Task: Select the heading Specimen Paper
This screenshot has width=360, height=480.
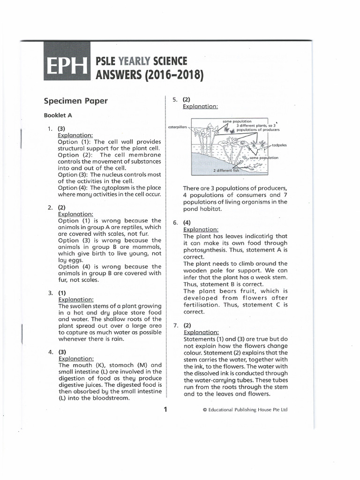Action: tap(75, 101)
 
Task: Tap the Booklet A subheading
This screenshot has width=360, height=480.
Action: tap(58, 115)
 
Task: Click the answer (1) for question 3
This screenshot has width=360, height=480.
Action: tap(61, 292)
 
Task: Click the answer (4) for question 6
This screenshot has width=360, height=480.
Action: tap(187, 223)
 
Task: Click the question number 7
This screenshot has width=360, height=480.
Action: tap(175, 325)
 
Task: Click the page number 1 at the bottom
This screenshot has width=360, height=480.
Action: tap(165, 409)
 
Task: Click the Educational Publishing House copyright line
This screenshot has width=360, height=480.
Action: tap(245, 410)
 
